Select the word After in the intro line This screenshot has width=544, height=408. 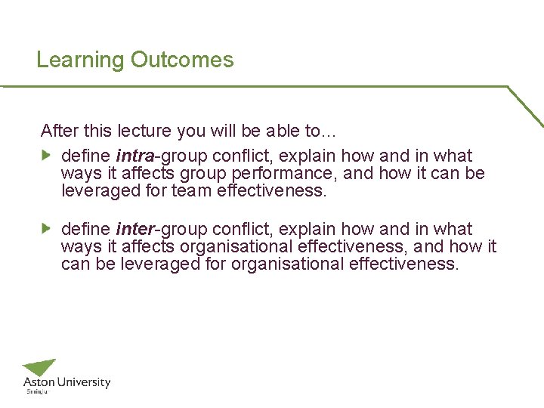click(57, 131)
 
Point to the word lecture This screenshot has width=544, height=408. click(146, 131)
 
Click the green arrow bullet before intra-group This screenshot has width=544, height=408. click(46, 156)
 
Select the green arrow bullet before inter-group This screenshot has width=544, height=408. click(46, 228)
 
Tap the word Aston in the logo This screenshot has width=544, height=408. click(38, 383)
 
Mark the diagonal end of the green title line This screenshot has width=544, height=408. click(526, 107)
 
